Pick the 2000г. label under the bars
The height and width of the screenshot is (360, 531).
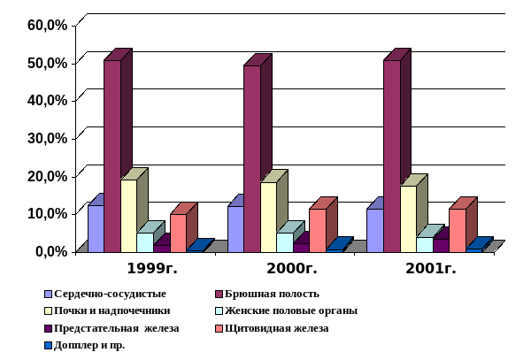pyautogui.click(x=291, y=268)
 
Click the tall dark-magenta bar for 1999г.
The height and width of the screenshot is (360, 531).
pyautogui.click(x=112, y=155)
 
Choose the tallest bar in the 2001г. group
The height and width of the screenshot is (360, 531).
pyautogui.click(x=391, y=155)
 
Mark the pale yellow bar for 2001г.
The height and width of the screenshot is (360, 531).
pyautogui.click(x=408, y=218)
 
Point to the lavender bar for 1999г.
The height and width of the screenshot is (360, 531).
pyautogui.click(x=96, y=228)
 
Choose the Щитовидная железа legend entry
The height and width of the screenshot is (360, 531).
pyautogui.click(x=277, y=328)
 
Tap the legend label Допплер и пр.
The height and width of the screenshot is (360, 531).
pyautogui.click(x=88, y=345)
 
